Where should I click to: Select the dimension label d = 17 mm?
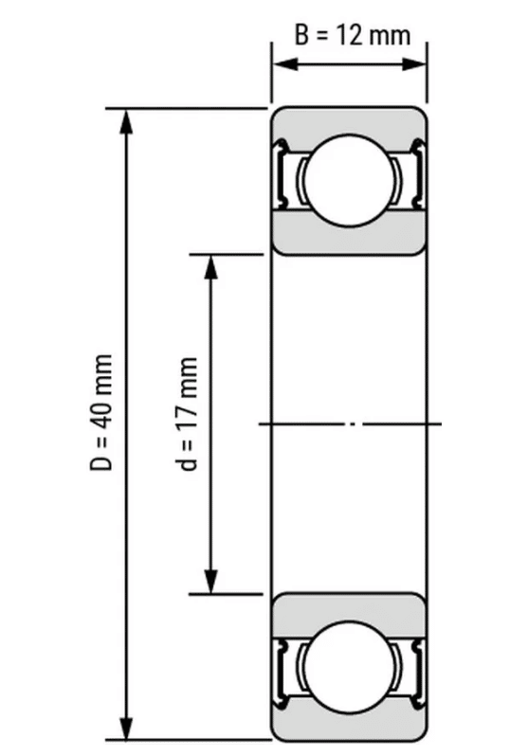click(x=189, y=414)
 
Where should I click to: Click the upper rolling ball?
click(x=348, y=179)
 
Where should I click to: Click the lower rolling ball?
click(x=348, y=668)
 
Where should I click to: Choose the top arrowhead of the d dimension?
click(x=210, y=266)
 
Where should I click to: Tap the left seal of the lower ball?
click(x=282, y=669)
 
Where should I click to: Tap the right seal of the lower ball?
click(x=415, y=669)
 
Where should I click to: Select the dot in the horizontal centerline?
click(x=352, y=423)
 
